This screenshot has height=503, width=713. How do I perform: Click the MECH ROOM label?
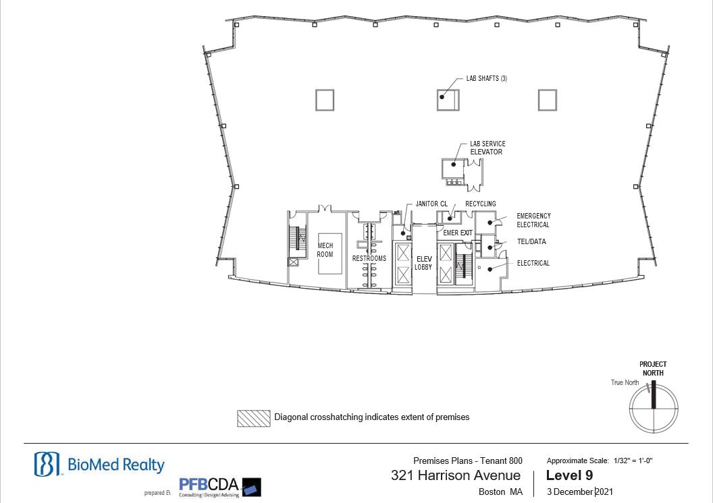(x=325, y=250)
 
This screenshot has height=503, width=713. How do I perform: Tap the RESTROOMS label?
(x=369, y=258)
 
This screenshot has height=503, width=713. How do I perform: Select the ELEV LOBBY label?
(x=423, y=264)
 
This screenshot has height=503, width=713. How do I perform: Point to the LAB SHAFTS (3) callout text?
(x=487, y=78)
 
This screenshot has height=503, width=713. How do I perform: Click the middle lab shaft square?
(x=448, y=100)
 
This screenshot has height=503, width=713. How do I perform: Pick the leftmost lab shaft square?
(x=325, y=100)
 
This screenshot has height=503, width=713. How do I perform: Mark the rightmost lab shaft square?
(x=548, y=100)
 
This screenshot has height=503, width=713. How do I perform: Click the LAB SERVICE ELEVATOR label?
(x=487, y=148)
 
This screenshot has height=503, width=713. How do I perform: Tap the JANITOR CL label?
(x=431, y=204)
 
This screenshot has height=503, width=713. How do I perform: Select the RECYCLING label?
(x=481, y=204)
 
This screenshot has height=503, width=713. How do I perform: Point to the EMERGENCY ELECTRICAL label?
(x=533, y=220)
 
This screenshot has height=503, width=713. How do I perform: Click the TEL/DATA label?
(x=531, y=241)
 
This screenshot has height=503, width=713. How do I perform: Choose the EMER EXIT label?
(x=458, y=233)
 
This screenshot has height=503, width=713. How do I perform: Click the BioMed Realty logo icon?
(x=47, y=464)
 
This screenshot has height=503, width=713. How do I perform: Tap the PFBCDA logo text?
(x=209, y=485)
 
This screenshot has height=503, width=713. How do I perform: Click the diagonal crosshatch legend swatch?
(x=254, y=419)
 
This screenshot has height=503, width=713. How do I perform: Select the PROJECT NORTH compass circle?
(x=654, y=409)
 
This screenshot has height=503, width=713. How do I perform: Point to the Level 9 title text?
(x=569, y=475)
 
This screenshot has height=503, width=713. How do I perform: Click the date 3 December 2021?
(x=580, y=492)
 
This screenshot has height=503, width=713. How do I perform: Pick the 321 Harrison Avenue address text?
(x=456, y=475)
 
